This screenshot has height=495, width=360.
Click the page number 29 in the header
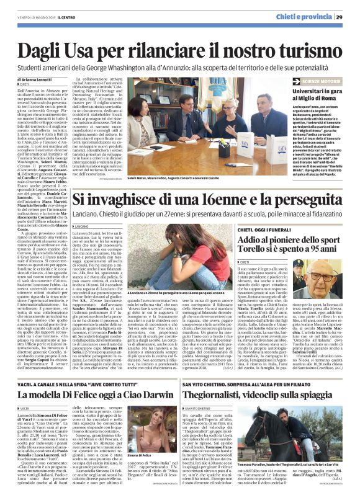pyautogui.click(x=349, y=17)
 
